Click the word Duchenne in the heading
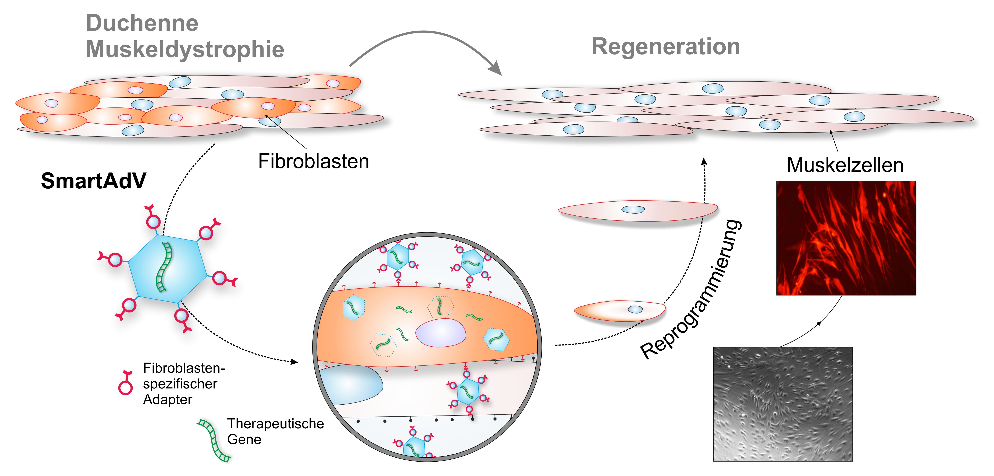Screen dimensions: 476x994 coord(142,23)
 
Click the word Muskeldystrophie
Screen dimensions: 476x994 coord(185,49)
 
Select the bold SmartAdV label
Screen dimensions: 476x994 coord(94,181)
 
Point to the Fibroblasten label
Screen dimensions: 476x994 coord(313,161)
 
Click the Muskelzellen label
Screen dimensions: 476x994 coord(845,165)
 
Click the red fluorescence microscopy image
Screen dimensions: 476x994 coord(846,238)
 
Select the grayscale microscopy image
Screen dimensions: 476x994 coord(783,404)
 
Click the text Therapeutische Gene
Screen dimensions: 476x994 coord(275,431)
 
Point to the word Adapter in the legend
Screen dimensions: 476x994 coord(167,400)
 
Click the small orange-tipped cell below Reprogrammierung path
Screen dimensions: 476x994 coord(619,311)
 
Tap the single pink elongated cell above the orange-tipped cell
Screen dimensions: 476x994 coord(637,210)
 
